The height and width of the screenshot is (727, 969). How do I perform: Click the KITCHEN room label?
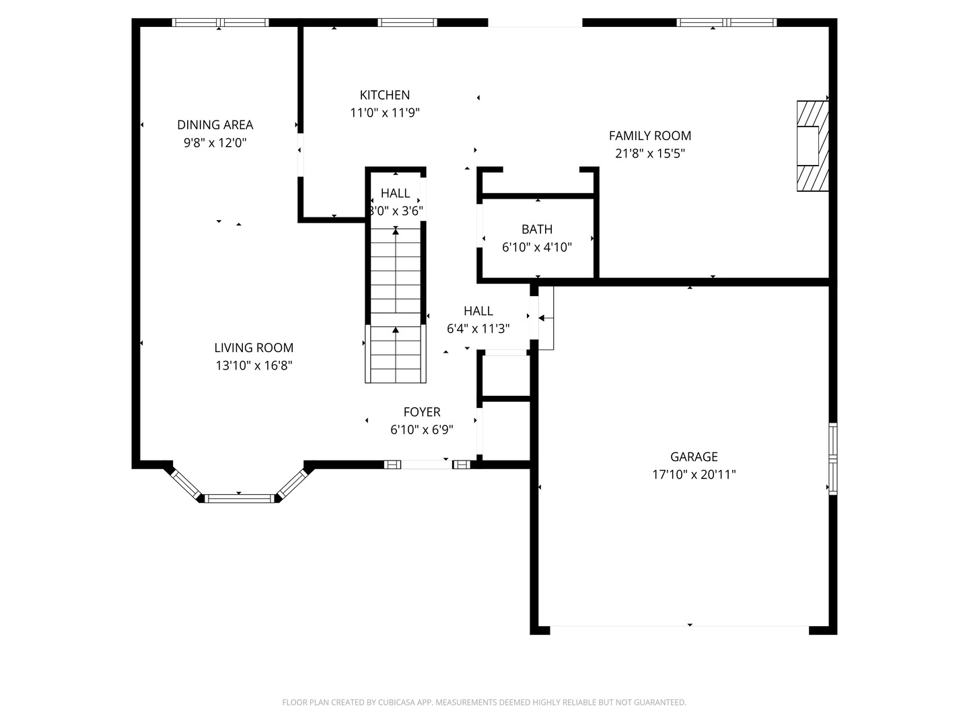(384, 95)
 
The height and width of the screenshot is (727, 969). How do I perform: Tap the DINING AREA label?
(215, 125)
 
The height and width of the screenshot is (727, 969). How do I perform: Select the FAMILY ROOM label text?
(650, 135)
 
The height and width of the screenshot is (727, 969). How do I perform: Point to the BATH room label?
(537, 229)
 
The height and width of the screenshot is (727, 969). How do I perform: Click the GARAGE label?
(694, 456)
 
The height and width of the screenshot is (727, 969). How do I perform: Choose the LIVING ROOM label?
(254, 348)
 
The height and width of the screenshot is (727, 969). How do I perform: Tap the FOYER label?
(422, 412)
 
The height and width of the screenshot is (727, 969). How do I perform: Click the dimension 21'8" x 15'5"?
(650, 153)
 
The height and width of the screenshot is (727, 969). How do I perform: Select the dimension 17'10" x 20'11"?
(694, 475)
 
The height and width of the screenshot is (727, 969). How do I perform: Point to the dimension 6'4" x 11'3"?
(478, 329)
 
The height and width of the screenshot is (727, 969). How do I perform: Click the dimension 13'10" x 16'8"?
(254, 366)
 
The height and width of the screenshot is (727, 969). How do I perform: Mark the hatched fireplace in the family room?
(812, 146)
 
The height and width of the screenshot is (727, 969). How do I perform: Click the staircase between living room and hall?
(396, 304)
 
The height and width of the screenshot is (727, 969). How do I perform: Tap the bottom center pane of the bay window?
(240, 499)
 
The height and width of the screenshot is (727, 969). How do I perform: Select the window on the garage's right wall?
(832, 458)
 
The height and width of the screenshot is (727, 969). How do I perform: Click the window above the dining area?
(220, 22)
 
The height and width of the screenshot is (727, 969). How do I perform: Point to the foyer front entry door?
(427, 464)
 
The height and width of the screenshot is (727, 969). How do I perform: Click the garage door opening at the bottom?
(680, 626)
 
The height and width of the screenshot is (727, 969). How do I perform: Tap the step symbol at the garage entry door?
(546, 318)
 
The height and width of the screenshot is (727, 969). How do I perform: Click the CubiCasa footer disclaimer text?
(485, 702)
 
